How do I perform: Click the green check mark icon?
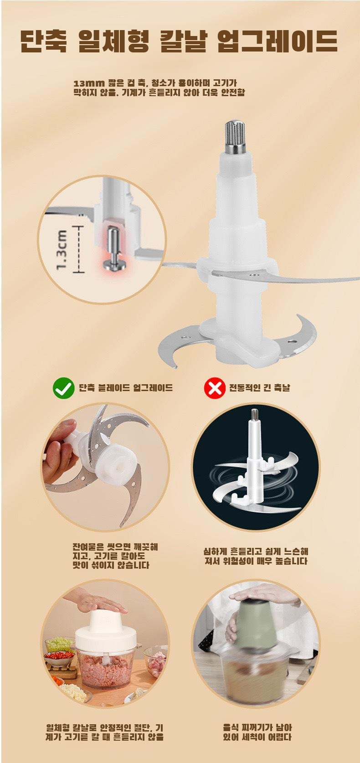[x=63, y=388]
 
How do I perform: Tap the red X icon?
[x=214, y=388]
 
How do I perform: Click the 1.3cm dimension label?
[x=62, y=249]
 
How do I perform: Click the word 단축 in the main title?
[x=44, y=41]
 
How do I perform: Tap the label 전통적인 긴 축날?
[x=259, y=388]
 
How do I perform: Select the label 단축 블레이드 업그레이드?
[x=126, y=388]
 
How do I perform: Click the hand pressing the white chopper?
[x=101, y=605]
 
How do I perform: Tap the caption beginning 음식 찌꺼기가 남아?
[x=257, y=732]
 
